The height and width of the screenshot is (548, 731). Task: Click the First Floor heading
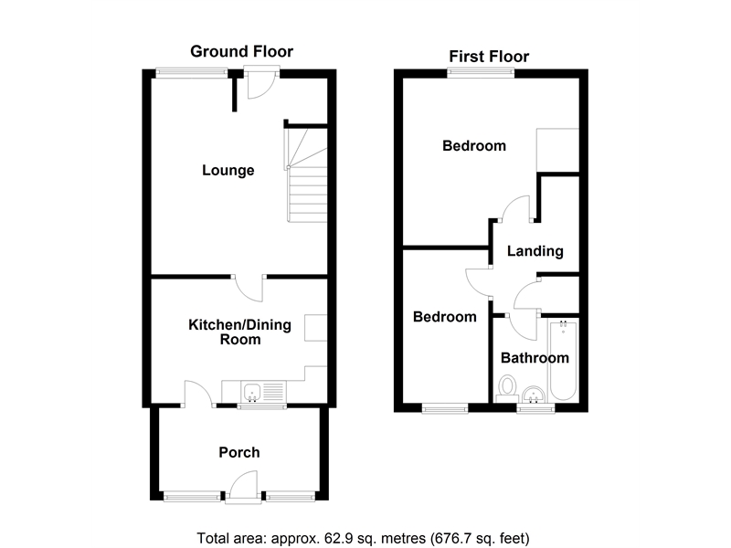tap(488, 57)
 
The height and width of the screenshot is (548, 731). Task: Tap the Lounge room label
tap(228, 171)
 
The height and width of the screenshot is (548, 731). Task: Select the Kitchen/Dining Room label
tap(225, 332)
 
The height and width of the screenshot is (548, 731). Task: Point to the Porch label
tap(238, 452)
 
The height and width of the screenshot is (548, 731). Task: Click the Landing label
tap(535, 251)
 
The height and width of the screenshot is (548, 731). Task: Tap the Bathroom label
tap(535, 358)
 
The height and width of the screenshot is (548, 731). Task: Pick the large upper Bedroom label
tap(474, 146)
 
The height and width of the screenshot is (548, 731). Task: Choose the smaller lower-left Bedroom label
tap(445, 317)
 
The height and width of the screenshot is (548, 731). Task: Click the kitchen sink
tap(252, 394)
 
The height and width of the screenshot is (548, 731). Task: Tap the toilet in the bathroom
tap(507, 389)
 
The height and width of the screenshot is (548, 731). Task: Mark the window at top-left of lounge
tap(191, 73)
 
